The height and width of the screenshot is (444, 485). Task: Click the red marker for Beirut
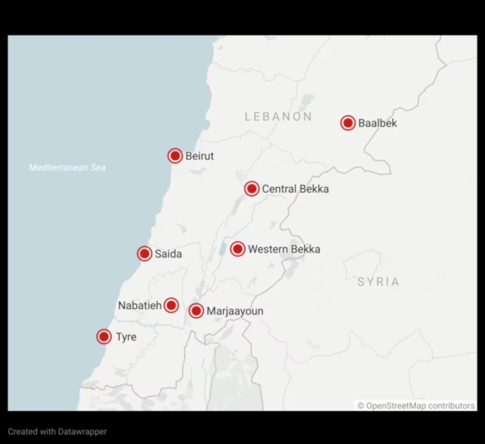[x=175, y=156]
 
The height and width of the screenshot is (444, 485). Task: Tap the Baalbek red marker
[x=348, y=123]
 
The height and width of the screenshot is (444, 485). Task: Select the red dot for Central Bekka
[x=251, y=189]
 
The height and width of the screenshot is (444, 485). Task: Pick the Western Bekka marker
[x=237, y=249]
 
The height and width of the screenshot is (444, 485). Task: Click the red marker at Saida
[x=144, y=254]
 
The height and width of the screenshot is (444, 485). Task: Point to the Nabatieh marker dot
[x=171, y=305]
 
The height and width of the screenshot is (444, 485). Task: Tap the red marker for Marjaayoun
[x=196, y=311]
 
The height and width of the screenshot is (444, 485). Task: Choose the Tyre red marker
[x=104, y=337]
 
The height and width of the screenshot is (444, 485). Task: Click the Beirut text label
[x=200, y=156]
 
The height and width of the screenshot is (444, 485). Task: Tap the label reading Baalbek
[x=378, y=123]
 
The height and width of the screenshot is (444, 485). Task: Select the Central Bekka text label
[x=295, y=189]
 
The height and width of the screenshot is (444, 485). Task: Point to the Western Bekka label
[x=284, y=249]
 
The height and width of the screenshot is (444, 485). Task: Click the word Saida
[x=168, y=254]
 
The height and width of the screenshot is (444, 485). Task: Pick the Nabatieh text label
[x=140, y=305]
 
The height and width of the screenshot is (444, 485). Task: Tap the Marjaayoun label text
[x=235, y=311]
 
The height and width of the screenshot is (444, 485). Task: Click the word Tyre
[x=126, y=337]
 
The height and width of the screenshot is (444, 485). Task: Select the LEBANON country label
[x=278, y=117]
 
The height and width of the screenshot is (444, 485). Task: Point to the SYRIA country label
[x=378, y=282]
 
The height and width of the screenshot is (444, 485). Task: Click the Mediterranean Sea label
[x=67, y=167]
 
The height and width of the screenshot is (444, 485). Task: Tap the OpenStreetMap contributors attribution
[x=416, y=406]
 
